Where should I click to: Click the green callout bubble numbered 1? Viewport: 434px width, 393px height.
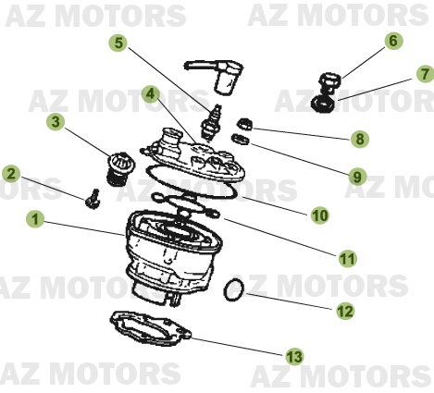[35, 220]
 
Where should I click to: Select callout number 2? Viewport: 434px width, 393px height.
[11, 173]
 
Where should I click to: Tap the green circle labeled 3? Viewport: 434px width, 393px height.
[56, 121]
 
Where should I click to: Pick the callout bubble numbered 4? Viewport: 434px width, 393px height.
[150, 93]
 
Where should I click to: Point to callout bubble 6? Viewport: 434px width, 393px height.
[392, 42]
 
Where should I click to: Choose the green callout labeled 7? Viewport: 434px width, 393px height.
[422, 74]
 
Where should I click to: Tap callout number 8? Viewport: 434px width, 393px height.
[358, 140]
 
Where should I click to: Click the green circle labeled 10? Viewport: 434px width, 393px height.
[319, 215]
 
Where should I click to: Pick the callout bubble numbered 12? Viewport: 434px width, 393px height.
[344, 312]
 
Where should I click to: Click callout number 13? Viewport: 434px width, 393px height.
[294, 356]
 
